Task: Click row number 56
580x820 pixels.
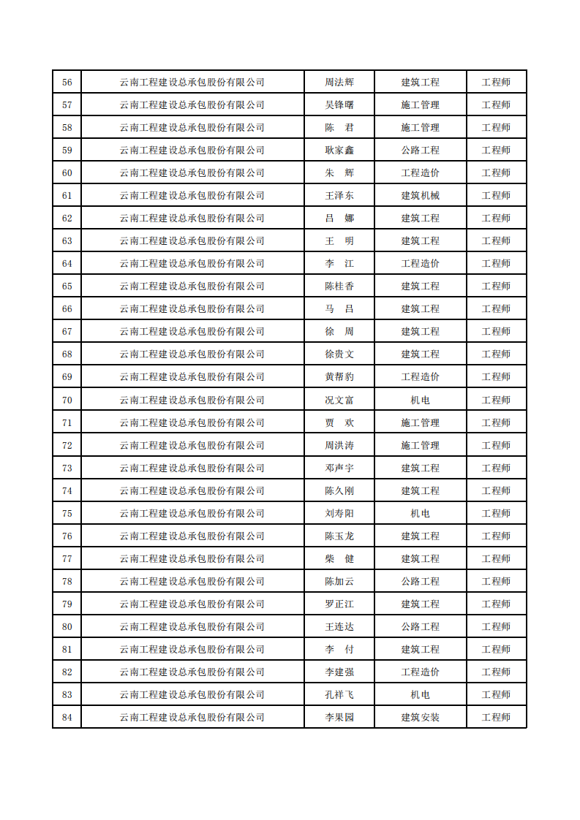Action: coord(67,82)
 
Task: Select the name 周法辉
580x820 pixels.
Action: coord(339,82)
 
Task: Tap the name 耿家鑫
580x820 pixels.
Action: coord(339,150)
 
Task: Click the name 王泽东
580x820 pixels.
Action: coord(339,195)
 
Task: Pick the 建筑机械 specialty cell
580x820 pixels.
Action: coord(421,195)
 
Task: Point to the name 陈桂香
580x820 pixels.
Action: coord(339,286)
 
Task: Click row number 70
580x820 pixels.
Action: coord(67,400)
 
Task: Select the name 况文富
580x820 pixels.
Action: coord(339,400)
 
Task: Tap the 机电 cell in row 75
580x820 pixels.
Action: coord(421,513)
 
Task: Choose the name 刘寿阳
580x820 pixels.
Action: coord(339,513)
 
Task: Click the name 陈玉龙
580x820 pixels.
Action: coord(339,536)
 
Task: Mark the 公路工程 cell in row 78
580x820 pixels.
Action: coord(421,581)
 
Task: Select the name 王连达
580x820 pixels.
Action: coord(339,626)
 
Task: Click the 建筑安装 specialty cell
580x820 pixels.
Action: coord(421,717)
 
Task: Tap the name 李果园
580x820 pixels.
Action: coord(339,717)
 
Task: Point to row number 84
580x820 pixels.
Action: coord(67,717)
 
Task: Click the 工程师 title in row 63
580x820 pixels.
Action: coord(496,240)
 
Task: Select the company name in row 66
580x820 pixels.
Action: coord(192,308)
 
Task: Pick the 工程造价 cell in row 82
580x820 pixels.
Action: coord(421,672)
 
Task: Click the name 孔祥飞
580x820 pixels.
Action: coord(339,694)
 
